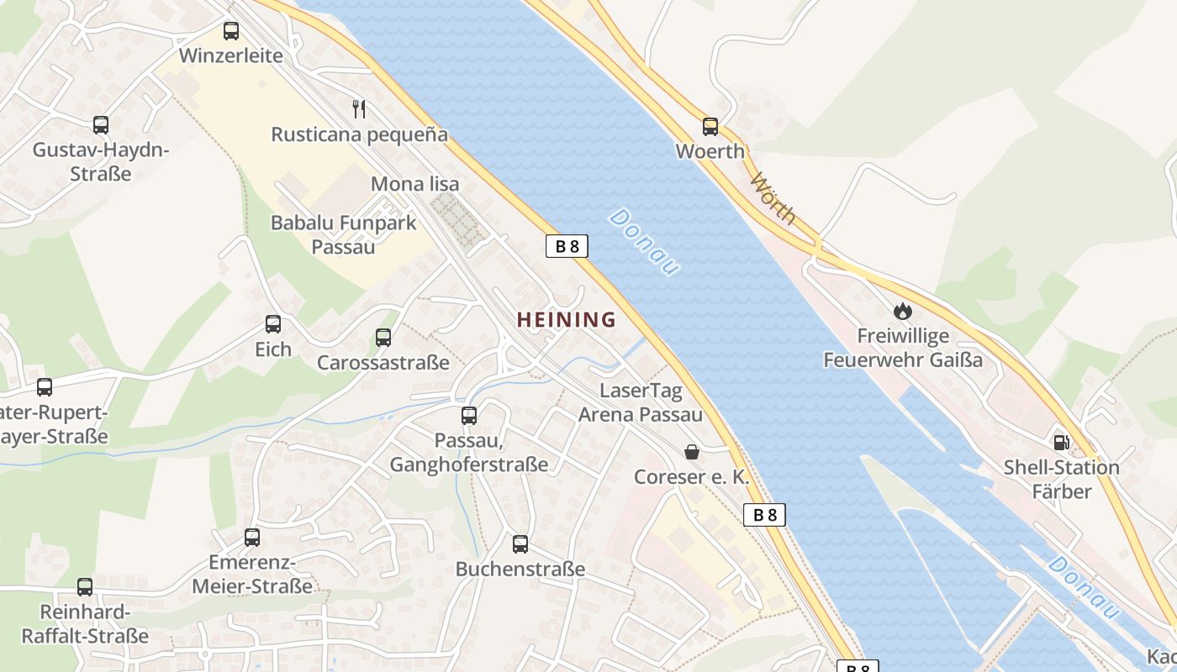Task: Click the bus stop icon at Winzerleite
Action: [231, 31]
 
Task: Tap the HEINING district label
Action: [566, 319]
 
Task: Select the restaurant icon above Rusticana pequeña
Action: [359, 108]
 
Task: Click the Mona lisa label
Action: [415, 184]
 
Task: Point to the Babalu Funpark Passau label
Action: [343, 234]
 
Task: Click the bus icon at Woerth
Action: [710, 127]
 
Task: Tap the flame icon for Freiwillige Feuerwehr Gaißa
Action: [903, 311]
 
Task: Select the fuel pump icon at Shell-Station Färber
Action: [1062, 442]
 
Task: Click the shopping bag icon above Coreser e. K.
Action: [692, 452]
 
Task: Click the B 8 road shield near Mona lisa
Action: [567, 246]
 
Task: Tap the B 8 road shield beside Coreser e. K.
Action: [764, 515]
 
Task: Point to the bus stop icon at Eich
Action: [273, 324]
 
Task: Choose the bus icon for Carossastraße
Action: [383, 338]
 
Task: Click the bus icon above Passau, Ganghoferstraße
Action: [469, 415]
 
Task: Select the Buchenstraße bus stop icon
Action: [520, 544]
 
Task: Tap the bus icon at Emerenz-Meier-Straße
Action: [252, 538]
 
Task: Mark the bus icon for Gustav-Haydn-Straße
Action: [101, 125]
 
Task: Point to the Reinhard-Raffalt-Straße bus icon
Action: [85, 587]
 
